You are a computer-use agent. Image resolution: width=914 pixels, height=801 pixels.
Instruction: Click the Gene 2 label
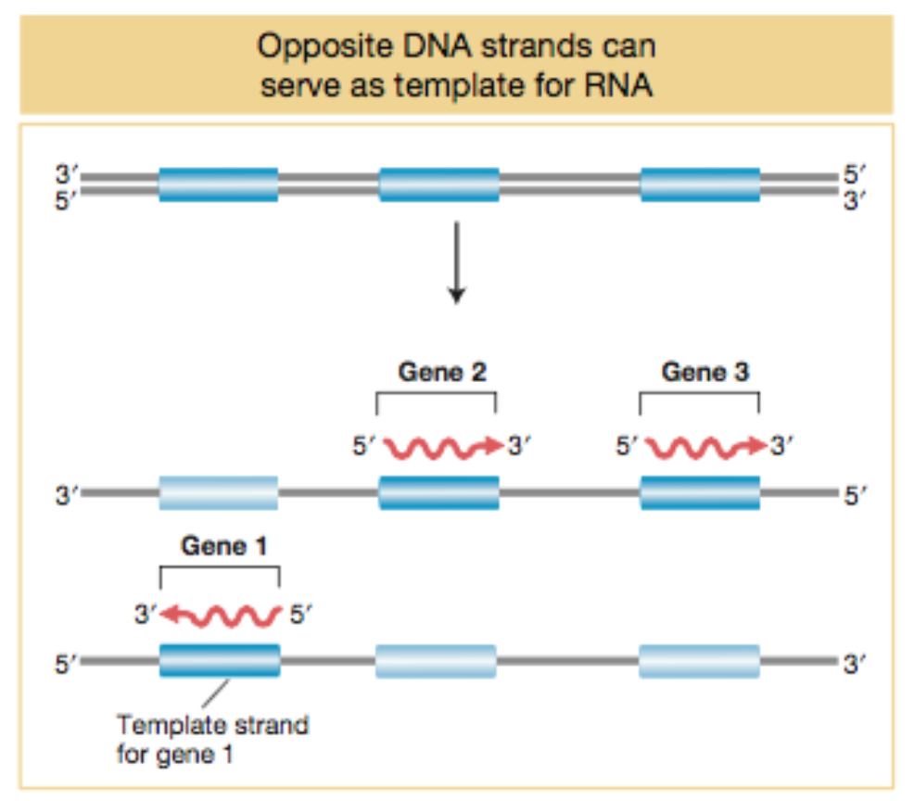point(441,372)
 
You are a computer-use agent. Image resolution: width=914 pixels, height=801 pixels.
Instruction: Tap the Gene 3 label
point(705,372)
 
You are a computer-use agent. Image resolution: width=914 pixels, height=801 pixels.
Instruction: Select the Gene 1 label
point(223,545)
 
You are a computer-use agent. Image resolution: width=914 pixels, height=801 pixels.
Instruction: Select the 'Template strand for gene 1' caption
point(211,738)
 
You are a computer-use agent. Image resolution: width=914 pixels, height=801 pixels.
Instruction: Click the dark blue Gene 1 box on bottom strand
point(220,660)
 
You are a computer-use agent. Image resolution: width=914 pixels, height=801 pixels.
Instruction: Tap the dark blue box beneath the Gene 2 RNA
point(438,493)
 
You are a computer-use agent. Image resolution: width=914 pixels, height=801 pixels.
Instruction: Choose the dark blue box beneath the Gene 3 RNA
point(700,493)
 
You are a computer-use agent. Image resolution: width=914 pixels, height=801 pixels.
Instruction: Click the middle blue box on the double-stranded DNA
point(438,184)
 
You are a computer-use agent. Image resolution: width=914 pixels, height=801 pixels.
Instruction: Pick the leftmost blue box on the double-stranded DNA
point(218,184)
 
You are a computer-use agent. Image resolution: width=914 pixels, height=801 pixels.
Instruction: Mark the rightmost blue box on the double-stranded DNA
point(700,184)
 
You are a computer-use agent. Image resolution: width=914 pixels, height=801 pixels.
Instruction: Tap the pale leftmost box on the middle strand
point(218,493)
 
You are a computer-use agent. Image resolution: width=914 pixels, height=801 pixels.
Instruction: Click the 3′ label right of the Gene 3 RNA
point(783,447)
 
